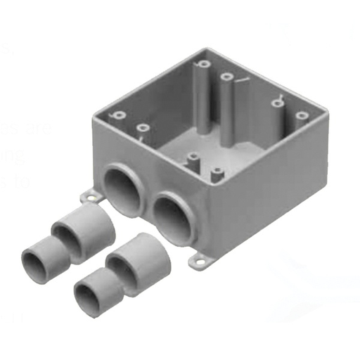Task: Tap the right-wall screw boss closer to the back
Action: pos(276,102)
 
